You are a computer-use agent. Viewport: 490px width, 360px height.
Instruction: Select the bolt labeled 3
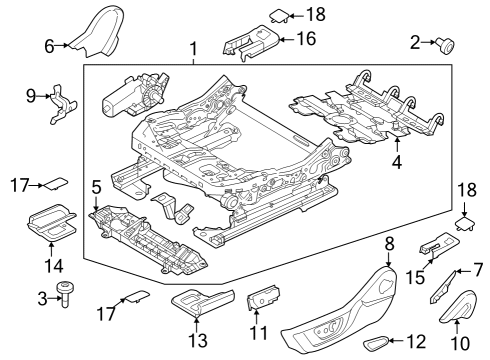click(x=68, y=294)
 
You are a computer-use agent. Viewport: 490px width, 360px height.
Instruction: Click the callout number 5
click(x=96, y=186)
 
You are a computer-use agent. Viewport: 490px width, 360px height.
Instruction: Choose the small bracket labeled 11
click(x=261, y=298)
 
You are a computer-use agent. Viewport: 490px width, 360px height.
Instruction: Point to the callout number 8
click(x=389, y=243)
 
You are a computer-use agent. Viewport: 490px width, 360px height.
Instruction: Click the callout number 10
click(x=458, y=345)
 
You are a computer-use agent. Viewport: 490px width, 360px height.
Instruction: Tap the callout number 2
click(x=415, y=42)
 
